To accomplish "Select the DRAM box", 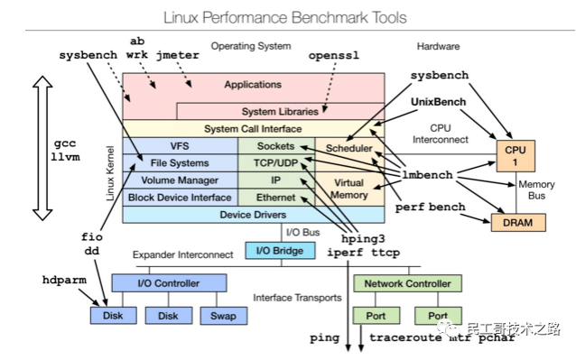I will [512, 222].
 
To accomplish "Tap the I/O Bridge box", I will [280, 250].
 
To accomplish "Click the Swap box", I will [222, 316].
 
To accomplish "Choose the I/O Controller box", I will [167, 283].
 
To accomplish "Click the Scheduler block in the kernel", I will [348, 147].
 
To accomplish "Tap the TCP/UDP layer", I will [275, 162].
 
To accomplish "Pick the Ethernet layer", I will [275, 197].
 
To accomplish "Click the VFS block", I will [179, 145].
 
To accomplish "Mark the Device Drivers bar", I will [252, 215].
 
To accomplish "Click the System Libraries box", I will [279, 112].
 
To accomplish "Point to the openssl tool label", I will [333, 54].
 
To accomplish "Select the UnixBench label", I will [439, 102].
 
